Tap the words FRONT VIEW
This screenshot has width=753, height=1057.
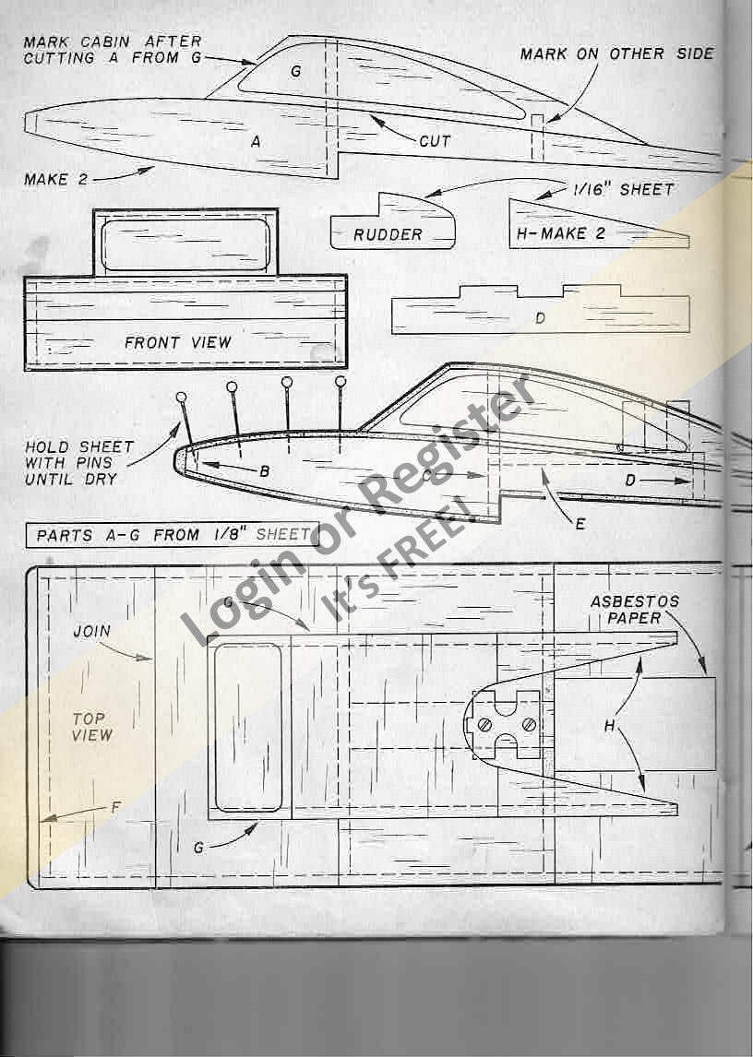178,342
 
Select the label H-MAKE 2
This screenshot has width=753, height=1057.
560,233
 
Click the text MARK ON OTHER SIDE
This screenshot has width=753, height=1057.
616,53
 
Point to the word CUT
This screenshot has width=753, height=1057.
435,142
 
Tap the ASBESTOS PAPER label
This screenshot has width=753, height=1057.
635,610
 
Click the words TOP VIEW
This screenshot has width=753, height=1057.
91,727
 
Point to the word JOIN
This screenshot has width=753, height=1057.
92,632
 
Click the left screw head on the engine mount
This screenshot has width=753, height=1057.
484,725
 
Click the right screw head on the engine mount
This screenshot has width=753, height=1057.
529,725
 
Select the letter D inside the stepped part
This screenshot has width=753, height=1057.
540,317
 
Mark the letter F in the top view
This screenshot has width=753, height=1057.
115,808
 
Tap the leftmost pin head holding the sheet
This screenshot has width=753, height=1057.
181,397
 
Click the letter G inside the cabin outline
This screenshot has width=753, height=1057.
296,70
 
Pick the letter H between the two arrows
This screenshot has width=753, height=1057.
609,727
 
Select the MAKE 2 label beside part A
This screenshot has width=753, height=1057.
55,179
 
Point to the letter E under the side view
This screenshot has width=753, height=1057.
580,524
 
